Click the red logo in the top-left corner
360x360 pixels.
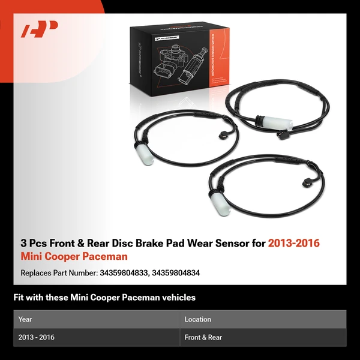coord(39,29)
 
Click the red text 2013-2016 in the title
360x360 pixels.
coord(294,243)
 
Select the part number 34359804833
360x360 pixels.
coord(122,273)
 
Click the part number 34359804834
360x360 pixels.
coord(176,273)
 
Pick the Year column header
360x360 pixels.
coord(25,319)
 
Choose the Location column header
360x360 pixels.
coord(198,319)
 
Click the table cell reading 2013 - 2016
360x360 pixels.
coord(37,337)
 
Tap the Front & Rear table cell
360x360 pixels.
coord(203,337)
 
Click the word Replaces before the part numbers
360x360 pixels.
coord(36,273)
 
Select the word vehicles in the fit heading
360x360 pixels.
coord(176,297)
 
